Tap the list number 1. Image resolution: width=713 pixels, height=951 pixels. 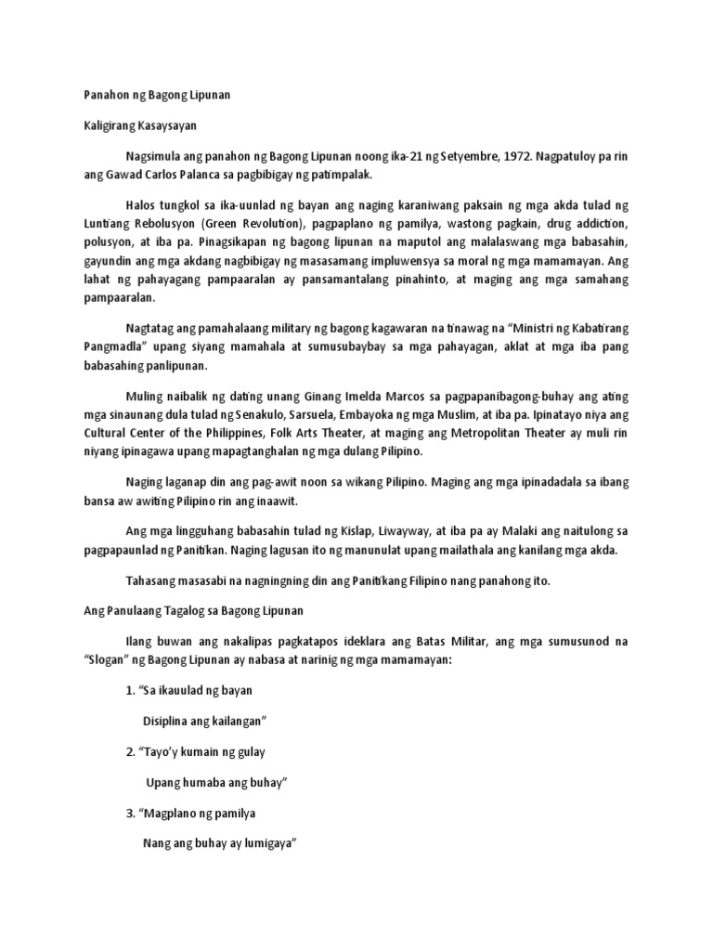coord(128,691)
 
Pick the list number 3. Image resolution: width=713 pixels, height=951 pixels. coord(128,814)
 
